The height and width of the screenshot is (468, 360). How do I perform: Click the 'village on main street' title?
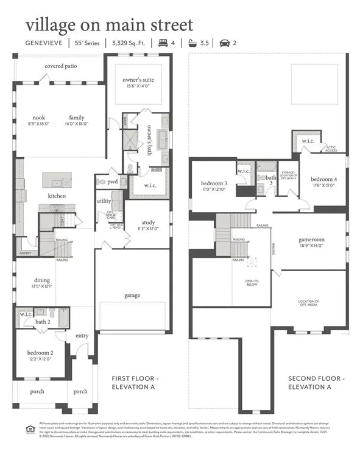point(110,25)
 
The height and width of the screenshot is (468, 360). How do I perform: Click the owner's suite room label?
point(138,80)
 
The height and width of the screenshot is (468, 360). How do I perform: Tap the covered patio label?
point(60,66)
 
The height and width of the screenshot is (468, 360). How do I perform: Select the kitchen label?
point(57,196)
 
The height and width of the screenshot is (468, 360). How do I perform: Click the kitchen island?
point(57,181)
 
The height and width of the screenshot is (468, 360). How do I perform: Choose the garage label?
point(132,296)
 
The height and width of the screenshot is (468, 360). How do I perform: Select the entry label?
point(82,336)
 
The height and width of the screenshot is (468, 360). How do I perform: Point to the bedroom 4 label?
point(323,179)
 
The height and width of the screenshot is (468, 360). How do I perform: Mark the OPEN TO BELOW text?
point(252,283)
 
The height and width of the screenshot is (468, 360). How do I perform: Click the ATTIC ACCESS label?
point(331,148)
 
